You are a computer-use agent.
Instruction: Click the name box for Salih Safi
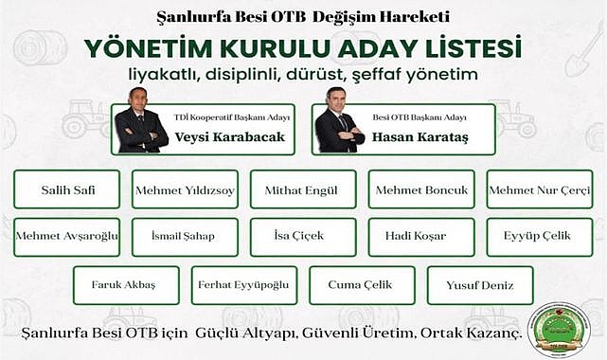click(67, 189)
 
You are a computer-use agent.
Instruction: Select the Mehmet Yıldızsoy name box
click(186, 189)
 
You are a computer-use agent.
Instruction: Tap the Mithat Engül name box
click(303, 189)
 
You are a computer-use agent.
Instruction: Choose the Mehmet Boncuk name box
click(421, 189)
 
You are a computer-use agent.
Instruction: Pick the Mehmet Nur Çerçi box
click(539, 189)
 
